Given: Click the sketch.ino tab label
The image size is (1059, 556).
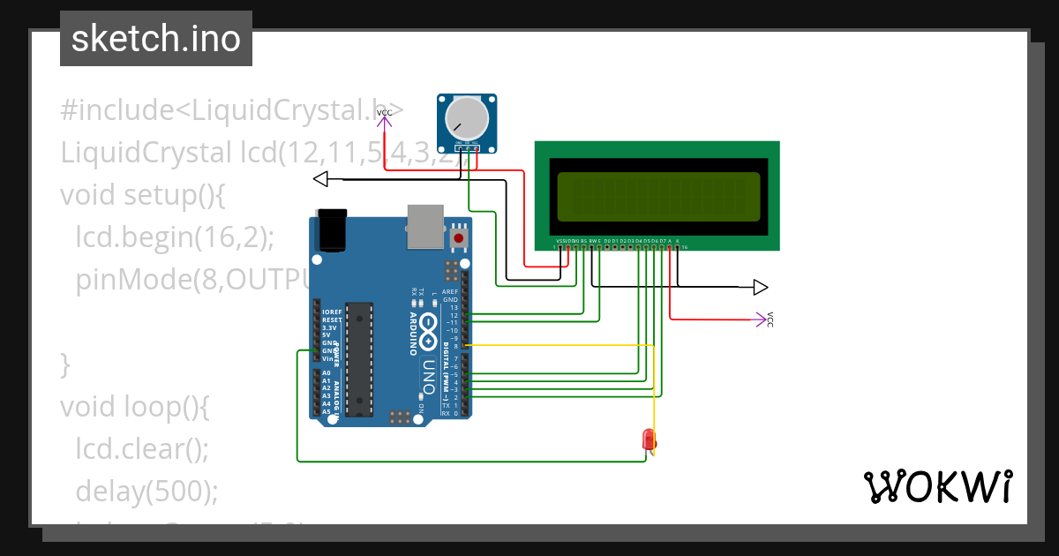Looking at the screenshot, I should coord(155,39).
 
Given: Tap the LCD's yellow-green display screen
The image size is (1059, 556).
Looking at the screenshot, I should coord(657,196).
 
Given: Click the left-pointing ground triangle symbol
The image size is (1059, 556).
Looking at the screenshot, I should coord(321,180).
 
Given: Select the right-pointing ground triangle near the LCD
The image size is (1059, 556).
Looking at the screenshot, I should coord(760,287).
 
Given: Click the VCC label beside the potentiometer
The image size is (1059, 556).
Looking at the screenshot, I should coord(385,113).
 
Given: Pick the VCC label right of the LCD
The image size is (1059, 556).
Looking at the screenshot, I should coord(769,319).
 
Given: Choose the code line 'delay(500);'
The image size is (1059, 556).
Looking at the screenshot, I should coord(146,491).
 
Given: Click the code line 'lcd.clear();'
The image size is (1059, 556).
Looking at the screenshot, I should coord(142,448).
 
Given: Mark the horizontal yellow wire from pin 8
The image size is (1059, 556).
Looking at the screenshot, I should coord(556,344).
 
